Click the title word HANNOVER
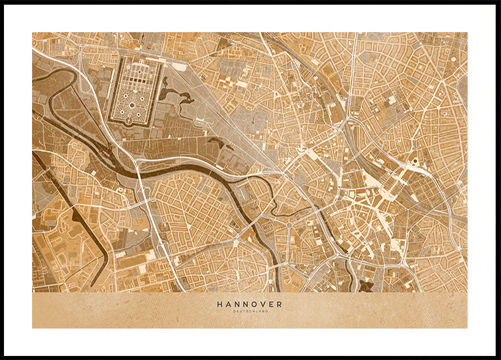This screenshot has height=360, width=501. (249, 304)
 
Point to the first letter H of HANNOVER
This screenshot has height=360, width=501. (219, 304)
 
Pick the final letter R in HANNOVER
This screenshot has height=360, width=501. (279, 304)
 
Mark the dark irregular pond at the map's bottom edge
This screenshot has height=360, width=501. (366, 286)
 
